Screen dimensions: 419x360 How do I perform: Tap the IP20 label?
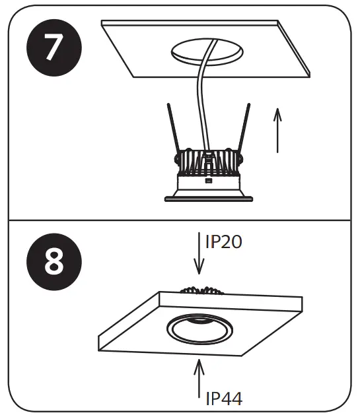tap(224, 242)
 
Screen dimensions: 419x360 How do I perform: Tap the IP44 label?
tap(224, 398)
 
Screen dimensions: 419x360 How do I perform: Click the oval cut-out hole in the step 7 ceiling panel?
tap(206, 51)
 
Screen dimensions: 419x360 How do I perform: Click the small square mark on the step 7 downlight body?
tap(209, 180)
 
